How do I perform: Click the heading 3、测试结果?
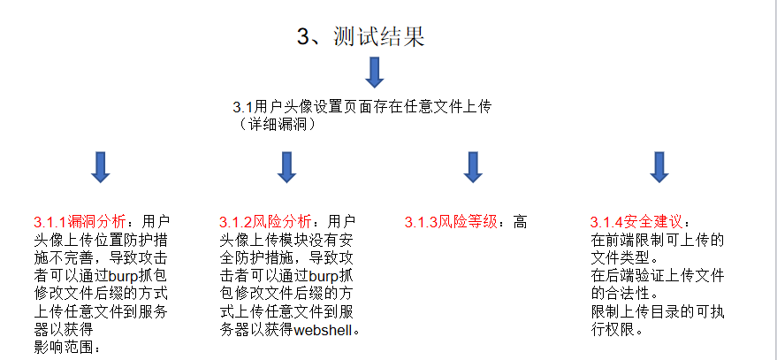pos(362,36)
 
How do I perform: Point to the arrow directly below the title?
pos(375,73)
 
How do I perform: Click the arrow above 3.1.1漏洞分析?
pos(101,166)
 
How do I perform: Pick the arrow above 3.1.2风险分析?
pos(286,166)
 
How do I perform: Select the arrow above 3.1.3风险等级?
pos(472,166)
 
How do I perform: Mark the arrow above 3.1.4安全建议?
pos(658,166)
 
